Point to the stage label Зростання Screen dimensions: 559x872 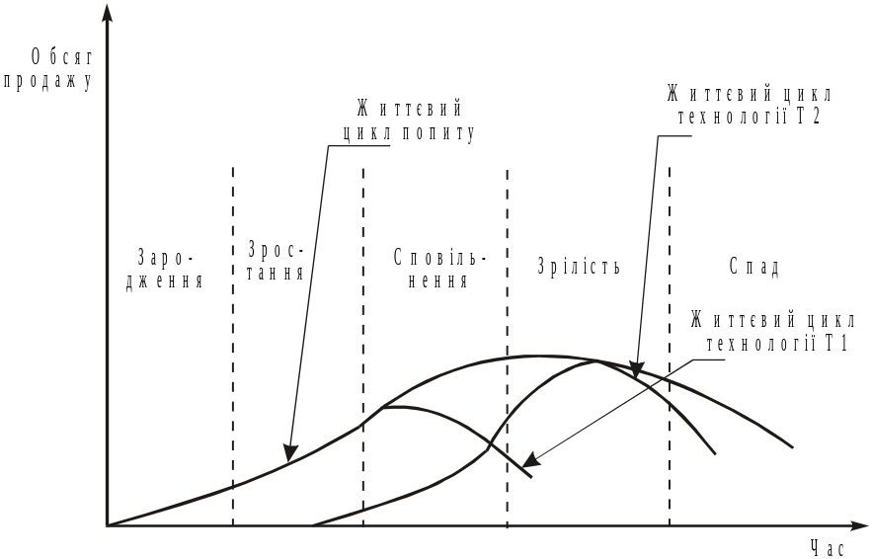coord(276,260)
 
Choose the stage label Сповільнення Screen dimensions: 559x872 coord(438,268)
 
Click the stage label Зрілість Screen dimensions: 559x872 coord(579,268)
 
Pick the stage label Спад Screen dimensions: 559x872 coord(755,268)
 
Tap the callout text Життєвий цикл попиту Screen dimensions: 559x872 coord(408,121)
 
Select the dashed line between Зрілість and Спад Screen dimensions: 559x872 coord(669,247)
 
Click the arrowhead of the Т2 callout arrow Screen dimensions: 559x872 coord(637,373)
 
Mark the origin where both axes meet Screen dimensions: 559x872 coord(107,525)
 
